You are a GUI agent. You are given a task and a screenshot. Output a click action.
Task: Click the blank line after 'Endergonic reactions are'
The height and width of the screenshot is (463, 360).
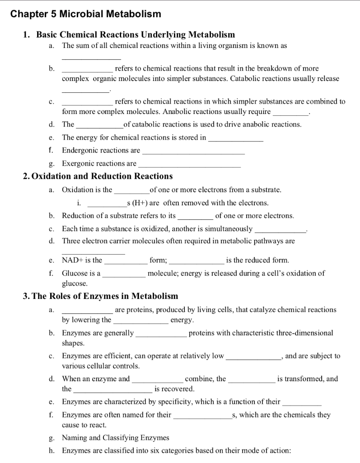coord(193,151)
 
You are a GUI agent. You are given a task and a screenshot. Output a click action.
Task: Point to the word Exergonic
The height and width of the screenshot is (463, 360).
coord(78,163)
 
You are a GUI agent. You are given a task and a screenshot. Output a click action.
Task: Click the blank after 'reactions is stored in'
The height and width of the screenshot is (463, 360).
coord(236,137)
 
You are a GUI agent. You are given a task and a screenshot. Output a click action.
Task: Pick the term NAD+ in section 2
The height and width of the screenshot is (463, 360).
coord(70,260)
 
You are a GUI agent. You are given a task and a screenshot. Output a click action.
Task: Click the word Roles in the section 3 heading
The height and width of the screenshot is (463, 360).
coord(65,296)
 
